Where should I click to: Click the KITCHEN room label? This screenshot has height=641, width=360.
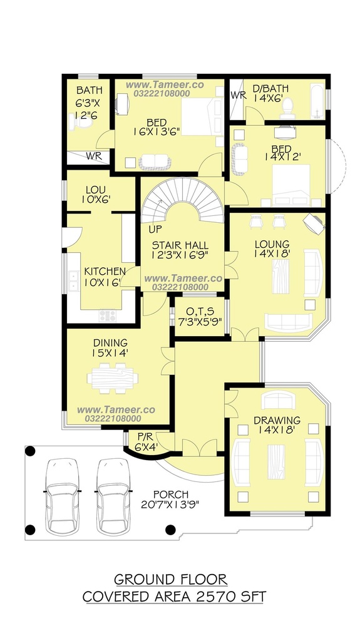pos(105,272)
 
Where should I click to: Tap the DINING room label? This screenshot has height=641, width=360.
pos(110,342)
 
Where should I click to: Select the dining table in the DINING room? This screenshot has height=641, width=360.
pos(113,378)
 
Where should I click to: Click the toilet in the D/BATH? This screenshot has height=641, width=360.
pos(288,108)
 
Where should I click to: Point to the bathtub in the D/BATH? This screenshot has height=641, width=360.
pos(317,101)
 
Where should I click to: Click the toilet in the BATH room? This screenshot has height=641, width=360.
pos(77,122)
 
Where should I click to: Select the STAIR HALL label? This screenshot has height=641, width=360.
pos(180,245)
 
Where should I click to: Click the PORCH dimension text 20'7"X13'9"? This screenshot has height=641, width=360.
pos(170,505)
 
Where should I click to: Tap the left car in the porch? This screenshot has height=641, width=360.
pos(61,496)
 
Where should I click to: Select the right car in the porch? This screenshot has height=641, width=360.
pos(113,496)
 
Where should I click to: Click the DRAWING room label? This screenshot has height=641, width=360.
pos(277,420)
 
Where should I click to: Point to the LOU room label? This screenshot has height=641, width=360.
pos(96,190)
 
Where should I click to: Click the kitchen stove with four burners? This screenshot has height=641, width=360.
pos(107,315)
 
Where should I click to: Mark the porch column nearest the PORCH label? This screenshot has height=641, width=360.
pos(170,530)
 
